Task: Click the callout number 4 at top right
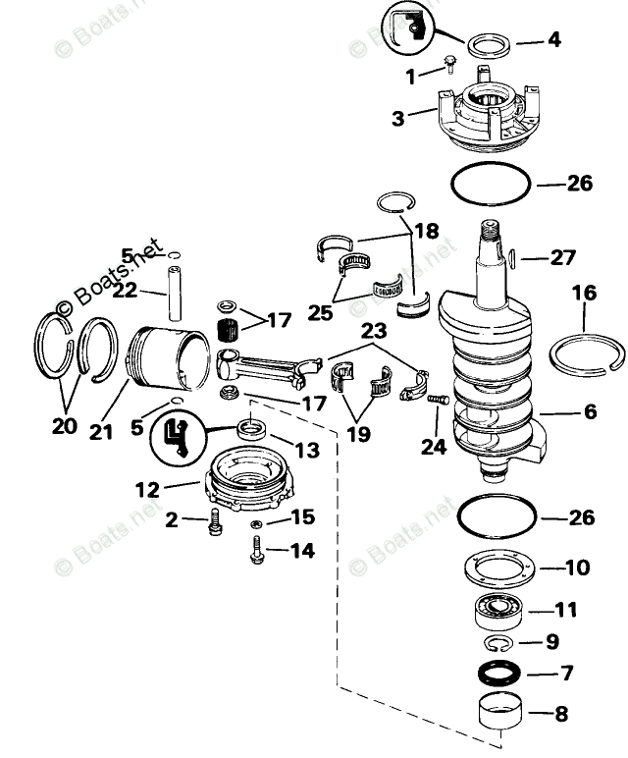click(x=554, y=40)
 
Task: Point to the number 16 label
click(x=584, y=294)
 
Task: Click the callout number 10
click(x=577, y=568)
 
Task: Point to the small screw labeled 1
click(x=448, y=65)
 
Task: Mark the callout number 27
click(x=562, y=258)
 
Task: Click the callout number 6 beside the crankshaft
click(x=590, y=412)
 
